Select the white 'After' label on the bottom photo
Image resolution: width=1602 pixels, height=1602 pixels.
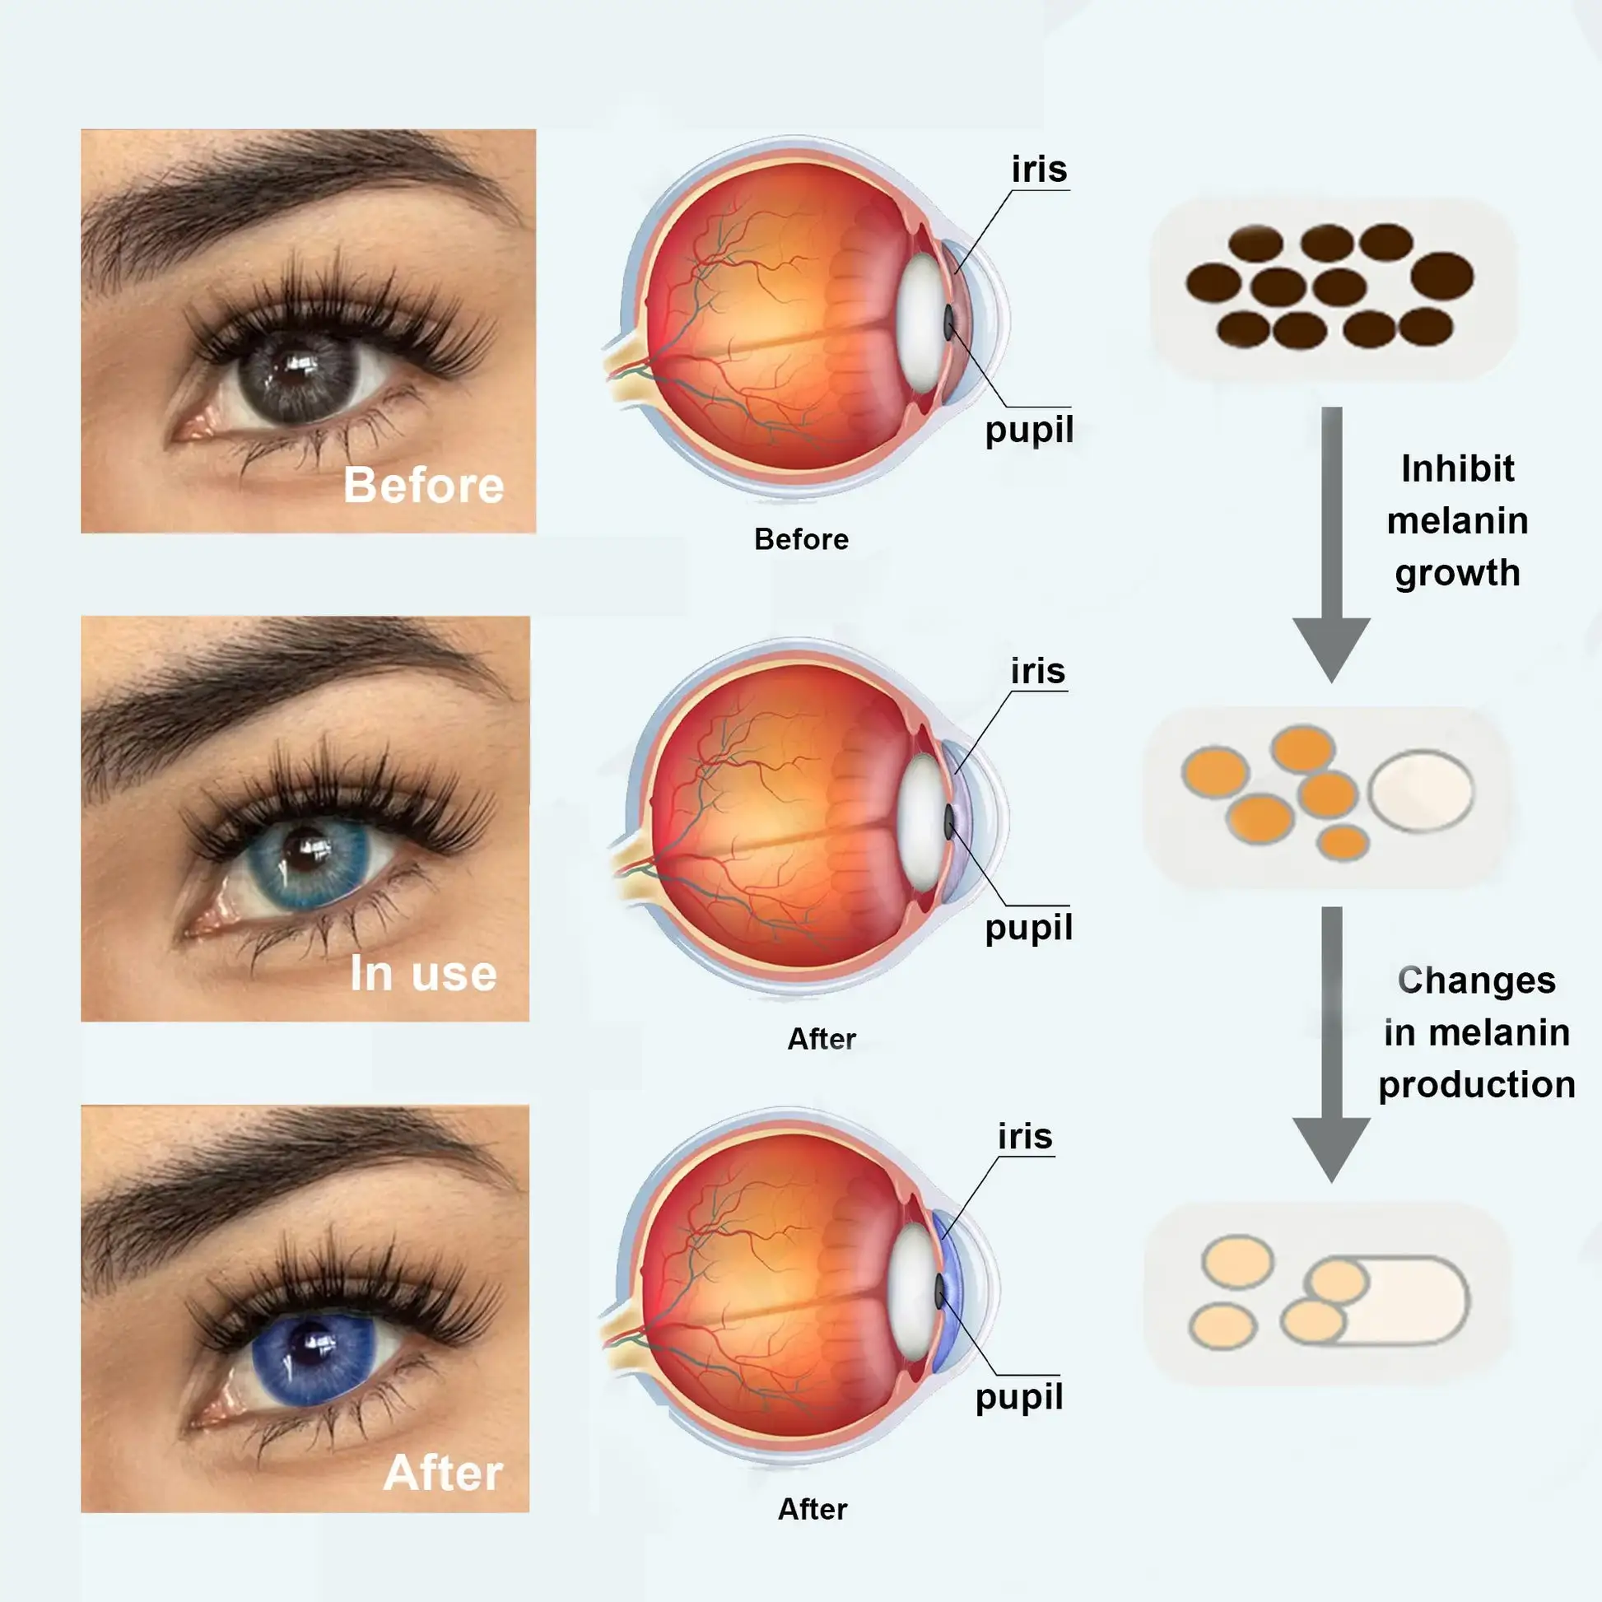[x=443, y=1473]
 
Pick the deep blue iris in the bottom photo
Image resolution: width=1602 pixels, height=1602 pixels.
[x=314, y=1358]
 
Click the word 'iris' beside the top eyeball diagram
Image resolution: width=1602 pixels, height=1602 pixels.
[x=1039, y=170]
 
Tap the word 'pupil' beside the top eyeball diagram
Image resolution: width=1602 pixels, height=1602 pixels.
[x=1029, y=430]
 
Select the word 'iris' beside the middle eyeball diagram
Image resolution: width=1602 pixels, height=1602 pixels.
[x=1037, y=671]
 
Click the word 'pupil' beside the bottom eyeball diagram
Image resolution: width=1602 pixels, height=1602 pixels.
[x=1019, y=1396]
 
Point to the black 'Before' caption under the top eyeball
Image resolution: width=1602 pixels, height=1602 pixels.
[x=801, y=540]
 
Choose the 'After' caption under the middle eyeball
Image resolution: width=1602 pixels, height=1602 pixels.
[x=821, y=1039]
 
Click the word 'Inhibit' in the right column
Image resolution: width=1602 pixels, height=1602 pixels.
[x=1458, y=469]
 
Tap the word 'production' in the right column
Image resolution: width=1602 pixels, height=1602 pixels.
[x=1477, y=1084]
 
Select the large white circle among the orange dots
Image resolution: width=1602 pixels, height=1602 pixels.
[x=1420, y=790]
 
